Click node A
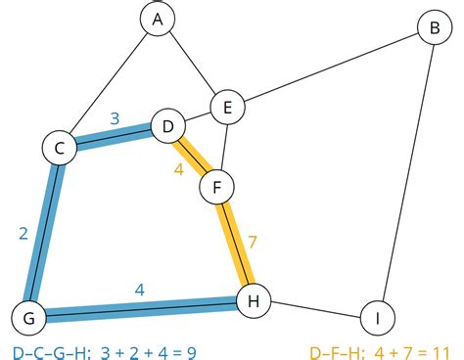point(156,19)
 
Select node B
point(429,28)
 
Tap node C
point(60,148)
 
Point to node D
point(167,127)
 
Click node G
point(28,317)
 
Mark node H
point(254,302)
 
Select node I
point(376,317)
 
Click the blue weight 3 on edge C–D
point(115,119)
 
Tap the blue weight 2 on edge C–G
point(23,233)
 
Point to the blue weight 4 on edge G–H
point(140,290)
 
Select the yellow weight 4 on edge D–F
point(179,169)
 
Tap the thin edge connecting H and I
point(314,309)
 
